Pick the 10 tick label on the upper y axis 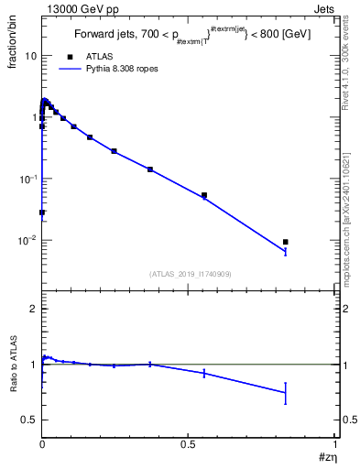tap(30, 55)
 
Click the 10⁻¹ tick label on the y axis tap(27, 179)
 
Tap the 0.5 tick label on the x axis tap(189, 443)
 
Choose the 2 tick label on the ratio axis tap(33, 309)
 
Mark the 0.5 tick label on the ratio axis tap(30, 420)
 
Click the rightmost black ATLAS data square tap(286, 242)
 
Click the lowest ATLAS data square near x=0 tap(42, 212)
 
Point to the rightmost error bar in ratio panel tap(286, 393)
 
